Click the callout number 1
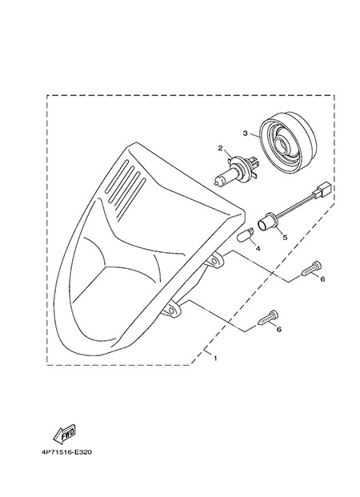click(x=215, y=359)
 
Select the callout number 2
click(x=221, y=148)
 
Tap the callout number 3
click(x=246, y=134)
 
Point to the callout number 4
click(x=258, y=248)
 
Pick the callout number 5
click(x=285, y=237)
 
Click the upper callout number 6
click(x=322, y=279)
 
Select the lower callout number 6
click(x=279, y=329)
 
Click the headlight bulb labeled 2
click(x=237, y=170)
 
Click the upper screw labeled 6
click(x=311, y=268)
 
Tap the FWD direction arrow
click(x=64, y=433)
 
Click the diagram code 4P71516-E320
click(x=66, y=452)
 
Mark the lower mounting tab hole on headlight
click(x=173, y=309)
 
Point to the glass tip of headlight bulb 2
click(x=216, y=183)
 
